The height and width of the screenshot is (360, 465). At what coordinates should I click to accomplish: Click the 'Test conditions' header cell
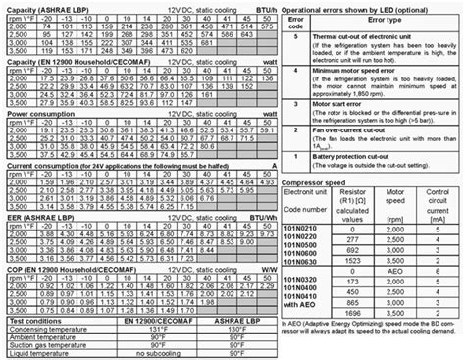(x=36, y=320)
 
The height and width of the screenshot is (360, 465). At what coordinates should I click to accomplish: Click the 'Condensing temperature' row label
(x=47, y=329)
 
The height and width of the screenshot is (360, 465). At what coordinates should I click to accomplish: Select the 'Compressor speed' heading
(x=317, y=182)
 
